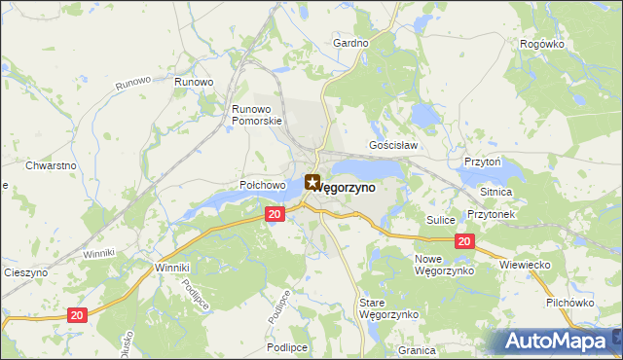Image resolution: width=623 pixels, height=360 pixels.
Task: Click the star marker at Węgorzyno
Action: [x=311, y=181]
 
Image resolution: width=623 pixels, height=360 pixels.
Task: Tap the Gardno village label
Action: [x=350, y=44]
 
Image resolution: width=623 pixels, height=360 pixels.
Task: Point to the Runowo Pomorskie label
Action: [x=257, y=115]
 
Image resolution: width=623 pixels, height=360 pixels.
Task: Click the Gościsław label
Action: [x=393, y=145]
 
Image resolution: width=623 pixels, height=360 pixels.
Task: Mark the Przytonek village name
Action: [x=490, y=213]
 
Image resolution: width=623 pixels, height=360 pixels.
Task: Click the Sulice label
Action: [x=441, y=221]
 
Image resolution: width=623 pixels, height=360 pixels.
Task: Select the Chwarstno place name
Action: [x=52, y=165]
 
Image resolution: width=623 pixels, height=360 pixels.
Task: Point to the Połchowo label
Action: [x=262, y=185]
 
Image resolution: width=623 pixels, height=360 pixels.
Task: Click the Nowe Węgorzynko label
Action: [x=443, y=265]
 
